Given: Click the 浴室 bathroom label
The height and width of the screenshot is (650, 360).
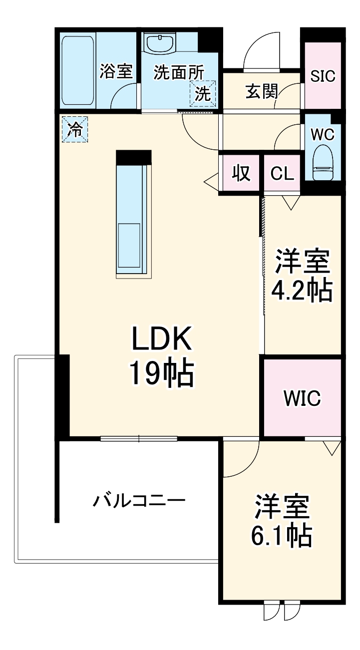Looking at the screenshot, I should point(116,71).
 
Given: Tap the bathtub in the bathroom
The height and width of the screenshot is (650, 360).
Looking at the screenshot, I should point(77,70).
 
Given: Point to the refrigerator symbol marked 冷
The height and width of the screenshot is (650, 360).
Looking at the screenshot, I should point(74,129).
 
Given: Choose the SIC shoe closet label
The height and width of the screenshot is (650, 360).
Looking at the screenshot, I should point(323,76).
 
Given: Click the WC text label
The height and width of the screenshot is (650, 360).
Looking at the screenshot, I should point(323,134).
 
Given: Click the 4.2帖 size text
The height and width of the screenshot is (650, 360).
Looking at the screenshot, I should point(301,290).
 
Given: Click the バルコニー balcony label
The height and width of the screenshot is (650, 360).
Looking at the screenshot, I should point(139,500).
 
